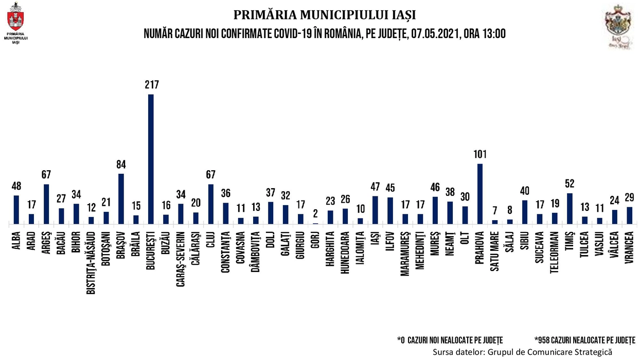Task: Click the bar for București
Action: [x=151, y=159]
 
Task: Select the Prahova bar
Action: [x=480, y=194]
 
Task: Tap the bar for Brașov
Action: [x=121, y=199]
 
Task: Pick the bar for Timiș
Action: [x=570, y=208]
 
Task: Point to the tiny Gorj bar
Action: [x=315, y=223]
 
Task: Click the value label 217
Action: [x=151, y=85]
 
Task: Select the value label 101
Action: [x=480, y=154]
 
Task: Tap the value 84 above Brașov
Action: [x=121, y=165]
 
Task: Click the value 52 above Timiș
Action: [x=570, y=184]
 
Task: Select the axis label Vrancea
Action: [x=629, y=246]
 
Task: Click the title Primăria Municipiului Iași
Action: [x=325, y=14]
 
